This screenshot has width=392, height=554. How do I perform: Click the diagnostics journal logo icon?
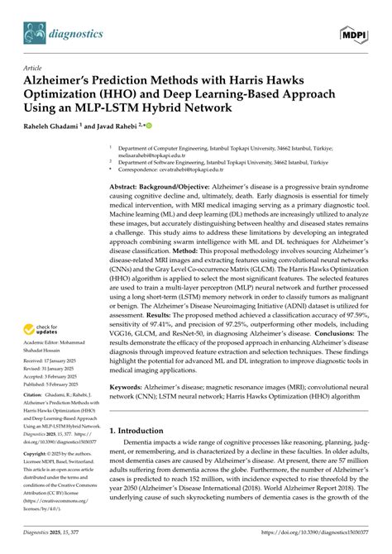coord(37,33)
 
